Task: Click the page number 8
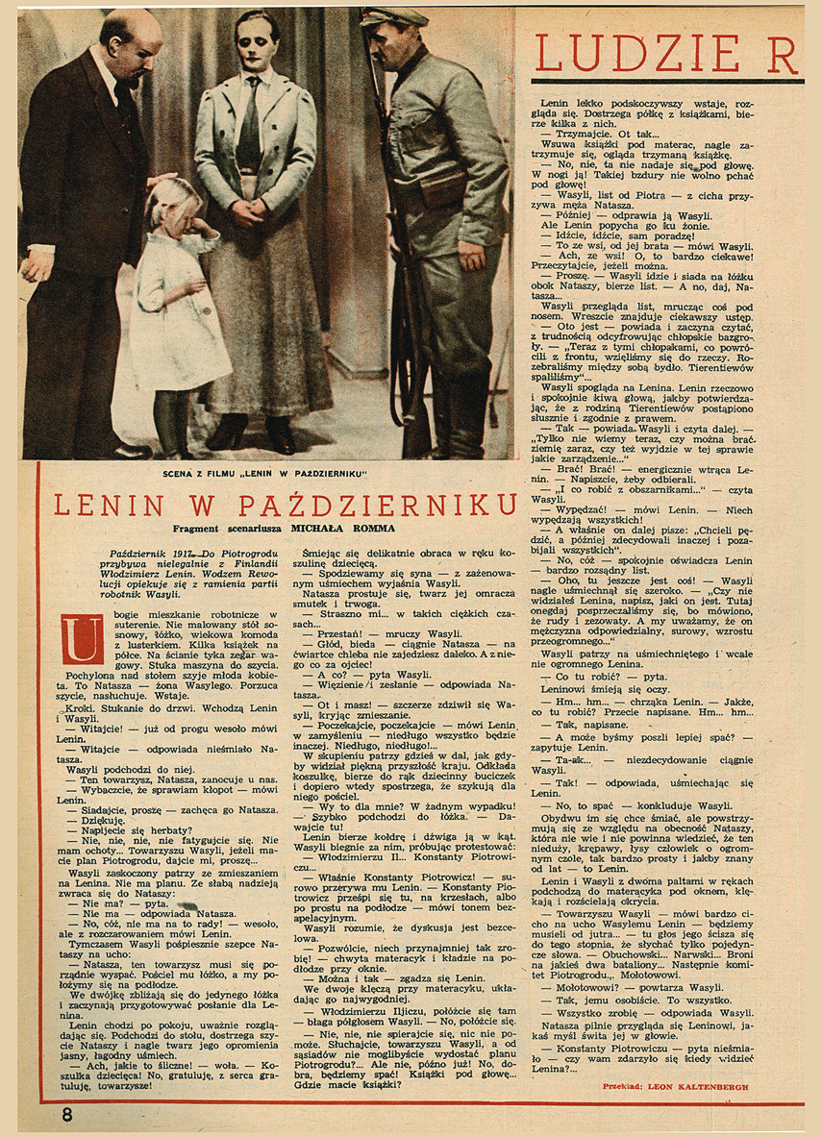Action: [x=67, y=1115]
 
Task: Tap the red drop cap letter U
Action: [x=82, y=640]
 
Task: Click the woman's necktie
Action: [x=249, y=126]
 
